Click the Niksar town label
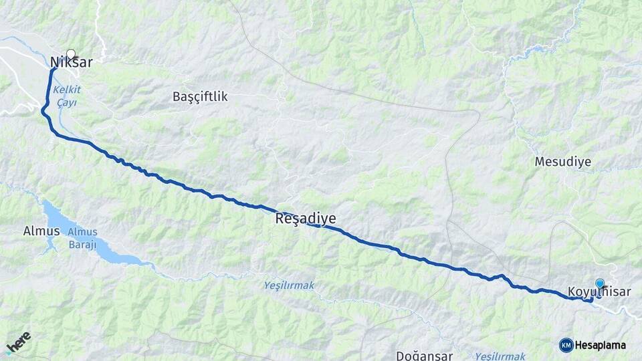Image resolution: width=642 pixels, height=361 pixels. [71, 64]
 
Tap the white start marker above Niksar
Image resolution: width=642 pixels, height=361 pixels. [71, 53]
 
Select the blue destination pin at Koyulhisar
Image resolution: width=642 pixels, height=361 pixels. [599, 284]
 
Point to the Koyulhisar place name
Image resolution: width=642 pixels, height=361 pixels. [599, 292]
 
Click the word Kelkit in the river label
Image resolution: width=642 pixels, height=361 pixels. [67, 89]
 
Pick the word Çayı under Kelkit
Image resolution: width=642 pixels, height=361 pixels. [66, 102]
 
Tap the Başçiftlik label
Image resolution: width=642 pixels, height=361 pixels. [200, 97]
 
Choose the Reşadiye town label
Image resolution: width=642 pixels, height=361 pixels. [305, 219]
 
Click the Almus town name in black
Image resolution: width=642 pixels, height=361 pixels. [41, 231]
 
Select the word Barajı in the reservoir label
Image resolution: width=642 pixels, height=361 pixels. [82, 245]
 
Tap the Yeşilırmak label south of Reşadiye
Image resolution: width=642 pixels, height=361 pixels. [288, 285]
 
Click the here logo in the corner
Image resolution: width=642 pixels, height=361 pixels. [17, 342]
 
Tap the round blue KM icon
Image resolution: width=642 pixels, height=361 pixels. [566, 345]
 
